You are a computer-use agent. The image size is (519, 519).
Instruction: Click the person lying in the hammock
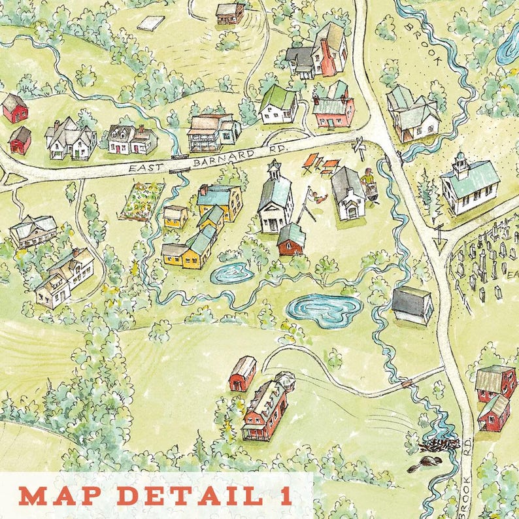(317, 195)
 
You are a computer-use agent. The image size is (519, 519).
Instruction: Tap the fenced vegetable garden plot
(142, 201)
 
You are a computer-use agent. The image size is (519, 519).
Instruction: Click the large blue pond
(324, 309)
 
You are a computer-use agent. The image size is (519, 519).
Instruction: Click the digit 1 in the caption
(286, 495)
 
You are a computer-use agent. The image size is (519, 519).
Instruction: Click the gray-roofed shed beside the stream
(412, 304)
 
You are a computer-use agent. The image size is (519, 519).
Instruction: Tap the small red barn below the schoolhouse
(292, 240)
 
